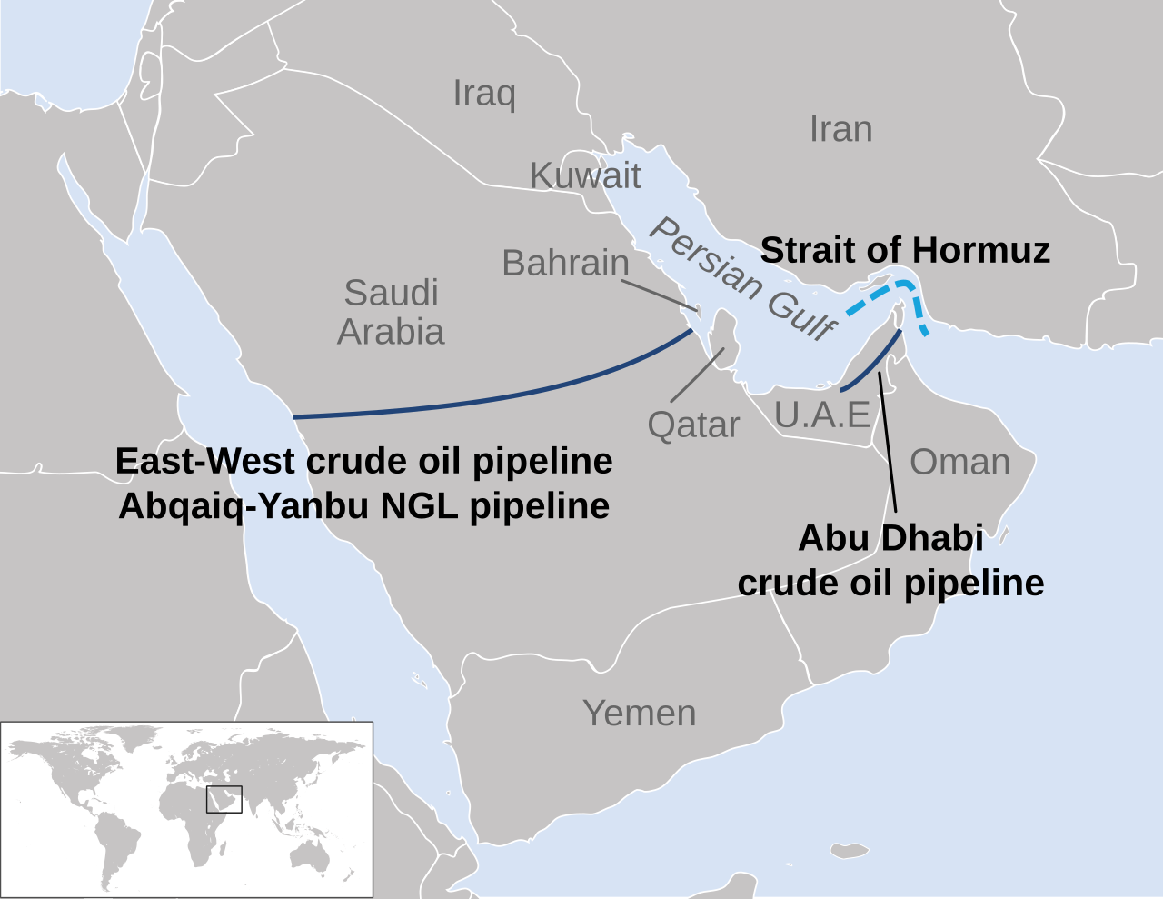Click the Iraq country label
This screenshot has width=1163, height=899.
pyautogui.click(x=484, y=94)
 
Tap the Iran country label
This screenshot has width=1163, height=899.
pyautogui.click(x=840, y=130)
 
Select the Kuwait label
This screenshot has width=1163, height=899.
pyautogui.click(x=585, y=175)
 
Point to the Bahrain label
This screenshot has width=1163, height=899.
pyautogui.click(x=565, y=263)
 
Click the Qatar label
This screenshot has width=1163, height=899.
pyautogui.click(x=693, y=425)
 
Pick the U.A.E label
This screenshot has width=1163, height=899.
pyautogui.click(x=822, y=415)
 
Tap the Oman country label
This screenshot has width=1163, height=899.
pyautogui.click(x=959, y=462)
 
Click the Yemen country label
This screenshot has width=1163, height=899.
pyautogui.click(x=640, y=714)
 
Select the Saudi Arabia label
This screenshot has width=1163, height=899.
pyautogui.click(x=391, y=312)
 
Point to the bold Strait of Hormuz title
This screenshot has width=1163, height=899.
pyautogui.click(x=905, y=250)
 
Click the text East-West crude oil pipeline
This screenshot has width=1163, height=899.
pyautogui.click(x=363, y=462)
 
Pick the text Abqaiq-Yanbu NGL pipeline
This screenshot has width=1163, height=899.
pyautogui.click(x=363, y=506)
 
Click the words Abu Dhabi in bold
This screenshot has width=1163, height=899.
pyautogui.click(x=890, y=538)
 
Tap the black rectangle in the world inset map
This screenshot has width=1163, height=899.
pyautogui.click(x=224, y=799)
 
